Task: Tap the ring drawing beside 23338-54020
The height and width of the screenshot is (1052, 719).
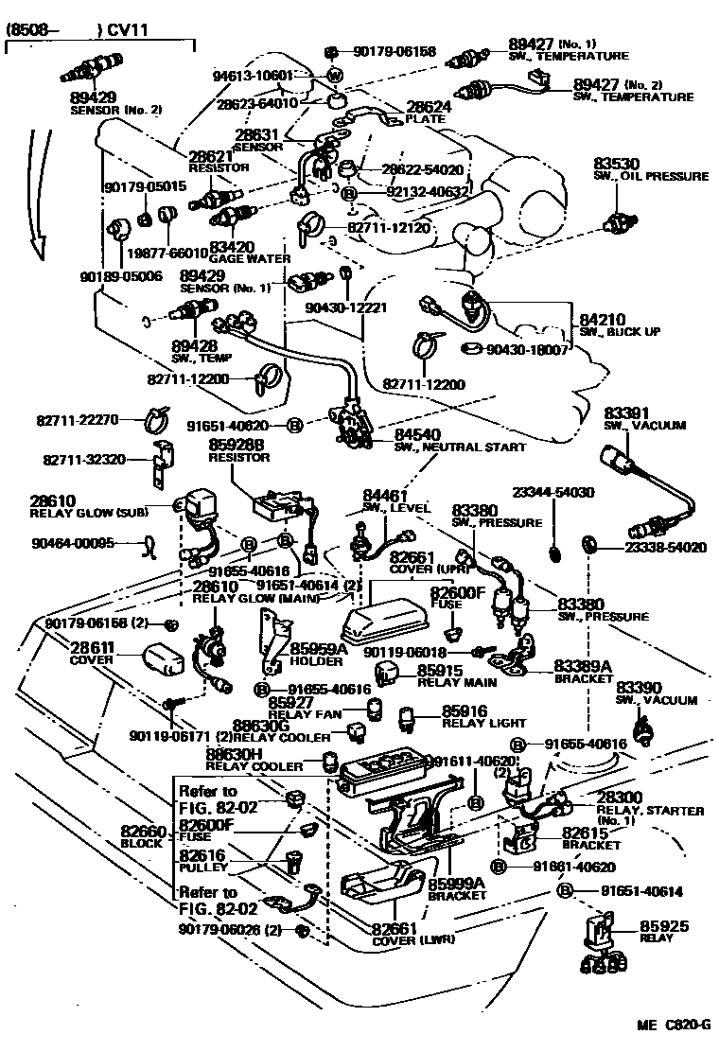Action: (589, 544)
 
